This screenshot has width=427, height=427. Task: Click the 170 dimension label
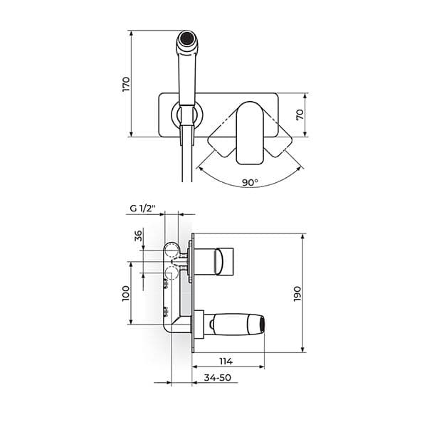click(125, 83)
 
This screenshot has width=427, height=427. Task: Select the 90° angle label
click(249, 183)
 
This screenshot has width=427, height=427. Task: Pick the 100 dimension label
click(126, 293)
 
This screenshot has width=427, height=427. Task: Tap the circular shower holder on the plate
click(186, 114)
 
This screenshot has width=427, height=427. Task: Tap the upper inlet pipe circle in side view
click(172, 249)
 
